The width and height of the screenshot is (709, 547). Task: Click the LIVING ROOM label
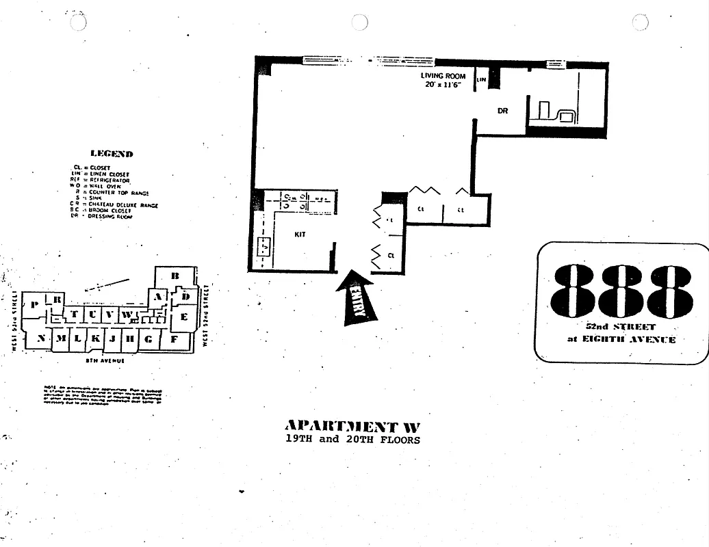point(443,76)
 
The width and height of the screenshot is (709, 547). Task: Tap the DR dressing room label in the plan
point(503,111)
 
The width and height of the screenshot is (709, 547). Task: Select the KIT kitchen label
point(300,235)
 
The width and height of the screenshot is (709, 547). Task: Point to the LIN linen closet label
point(481,81)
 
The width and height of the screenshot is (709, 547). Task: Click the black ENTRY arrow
point(356,297)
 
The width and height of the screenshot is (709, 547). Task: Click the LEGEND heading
point(112,154)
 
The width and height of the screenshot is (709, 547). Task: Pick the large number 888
point(621,290)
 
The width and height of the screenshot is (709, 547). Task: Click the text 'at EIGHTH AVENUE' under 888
point(621,339)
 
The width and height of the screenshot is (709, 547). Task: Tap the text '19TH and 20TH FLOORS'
point(353,440)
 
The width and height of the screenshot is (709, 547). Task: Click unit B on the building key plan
point(175,276)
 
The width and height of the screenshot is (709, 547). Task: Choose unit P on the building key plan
point(34,305)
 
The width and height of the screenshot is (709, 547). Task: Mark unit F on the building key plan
point(175,338)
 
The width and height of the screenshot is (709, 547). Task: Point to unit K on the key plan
point(96,338)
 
